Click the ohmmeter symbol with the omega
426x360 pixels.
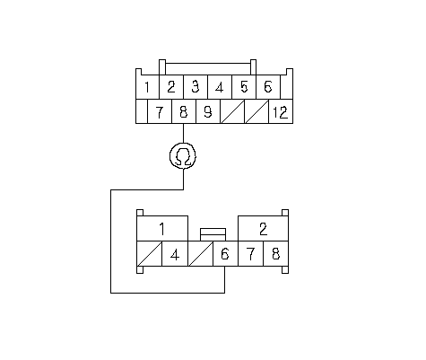pos(183,156)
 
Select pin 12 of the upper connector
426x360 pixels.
pos(281,111)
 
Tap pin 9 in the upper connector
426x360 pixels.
pos(208,111)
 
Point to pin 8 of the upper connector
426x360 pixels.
pos(184,111)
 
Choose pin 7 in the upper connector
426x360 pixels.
pos(160,111)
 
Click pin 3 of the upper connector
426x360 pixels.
pos(196,87)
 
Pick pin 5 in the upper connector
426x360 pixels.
pos(244,87)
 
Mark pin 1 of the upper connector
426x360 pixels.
pos(147,87)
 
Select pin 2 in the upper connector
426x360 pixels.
pos(171,87)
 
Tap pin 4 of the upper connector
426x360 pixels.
pos(220,87)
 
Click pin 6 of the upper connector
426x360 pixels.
pos(268,87)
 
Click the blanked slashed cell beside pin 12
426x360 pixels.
pos(256,111)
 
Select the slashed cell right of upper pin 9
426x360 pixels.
pos(232,111)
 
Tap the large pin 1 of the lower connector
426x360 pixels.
pos(162,229)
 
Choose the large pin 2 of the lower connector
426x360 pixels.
pos(263,229)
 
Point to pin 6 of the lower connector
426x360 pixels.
pos(225,254)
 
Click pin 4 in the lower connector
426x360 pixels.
pos(175,254)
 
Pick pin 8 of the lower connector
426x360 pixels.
pos(276,254)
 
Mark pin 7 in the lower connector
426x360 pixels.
pos(250,254)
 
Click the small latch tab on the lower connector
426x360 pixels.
pos(213,234)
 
